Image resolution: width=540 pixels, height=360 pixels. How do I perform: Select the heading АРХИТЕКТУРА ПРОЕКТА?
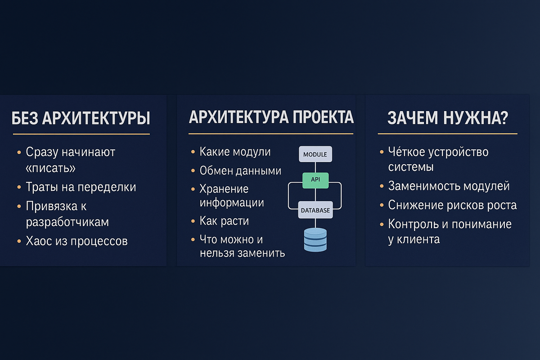271,117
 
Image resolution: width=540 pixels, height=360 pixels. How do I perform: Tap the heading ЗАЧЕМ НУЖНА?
447,118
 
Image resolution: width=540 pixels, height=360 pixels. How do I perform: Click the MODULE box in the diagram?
315,154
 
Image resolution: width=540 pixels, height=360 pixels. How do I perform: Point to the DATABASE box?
315,210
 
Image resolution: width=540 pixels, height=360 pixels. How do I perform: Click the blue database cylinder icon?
315,239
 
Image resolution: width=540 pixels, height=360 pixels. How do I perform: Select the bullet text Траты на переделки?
81,187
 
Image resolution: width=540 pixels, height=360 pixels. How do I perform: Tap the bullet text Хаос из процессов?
76,241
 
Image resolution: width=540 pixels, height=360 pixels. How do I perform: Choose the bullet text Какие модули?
235,152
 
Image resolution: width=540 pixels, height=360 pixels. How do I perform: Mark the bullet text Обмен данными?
240,171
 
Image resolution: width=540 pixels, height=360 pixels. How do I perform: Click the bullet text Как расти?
224,221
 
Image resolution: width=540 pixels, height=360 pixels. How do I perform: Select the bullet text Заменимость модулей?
449,186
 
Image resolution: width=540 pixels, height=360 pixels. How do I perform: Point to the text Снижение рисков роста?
452,205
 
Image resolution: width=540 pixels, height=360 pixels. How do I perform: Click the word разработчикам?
67,222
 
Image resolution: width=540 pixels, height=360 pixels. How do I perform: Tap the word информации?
232,202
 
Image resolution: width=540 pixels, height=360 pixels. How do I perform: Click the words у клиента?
414,239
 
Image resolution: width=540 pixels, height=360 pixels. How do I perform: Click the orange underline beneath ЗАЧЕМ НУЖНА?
447,134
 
